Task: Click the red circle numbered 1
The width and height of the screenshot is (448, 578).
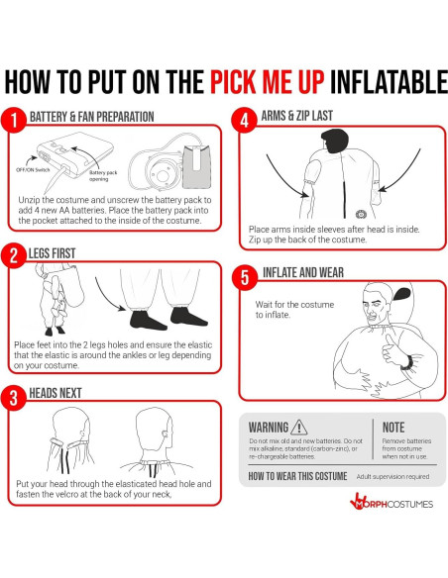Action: [x=14, y=120]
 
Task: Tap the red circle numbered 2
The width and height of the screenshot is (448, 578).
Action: [x=14, y=255]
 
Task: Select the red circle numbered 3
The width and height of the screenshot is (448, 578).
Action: [x=14, y=398]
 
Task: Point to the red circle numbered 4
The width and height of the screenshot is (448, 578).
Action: [x=244, y=120]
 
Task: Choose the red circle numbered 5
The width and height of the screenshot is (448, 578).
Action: [x=245, y=277]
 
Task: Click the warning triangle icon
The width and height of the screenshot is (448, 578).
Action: [x=299, y=428]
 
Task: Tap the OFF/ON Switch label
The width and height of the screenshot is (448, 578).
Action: [x=33, y=170]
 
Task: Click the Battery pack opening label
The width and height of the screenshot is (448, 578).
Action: [x=103, y=175]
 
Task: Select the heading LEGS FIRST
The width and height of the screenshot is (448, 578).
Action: [x=52, y=253]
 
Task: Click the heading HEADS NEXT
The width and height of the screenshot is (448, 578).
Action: [x=56, y=393]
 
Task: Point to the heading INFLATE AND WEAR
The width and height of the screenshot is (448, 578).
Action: [x=303, y=272]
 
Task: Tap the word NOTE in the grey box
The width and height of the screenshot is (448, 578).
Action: [x=393, y=428]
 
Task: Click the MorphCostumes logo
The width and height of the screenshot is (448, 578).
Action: [x=392, y=502]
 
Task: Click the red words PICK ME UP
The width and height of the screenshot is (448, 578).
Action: [x=268, y=81]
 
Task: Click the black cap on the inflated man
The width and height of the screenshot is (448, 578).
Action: [x=401, y=294]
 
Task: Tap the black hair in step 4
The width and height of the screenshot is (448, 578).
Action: [x=335, y=141]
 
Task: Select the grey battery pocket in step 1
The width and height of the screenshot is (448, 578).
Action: [x=197, y=166]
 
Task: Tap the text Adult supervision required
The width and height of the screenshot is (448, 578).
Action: [x=392, y=477]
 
